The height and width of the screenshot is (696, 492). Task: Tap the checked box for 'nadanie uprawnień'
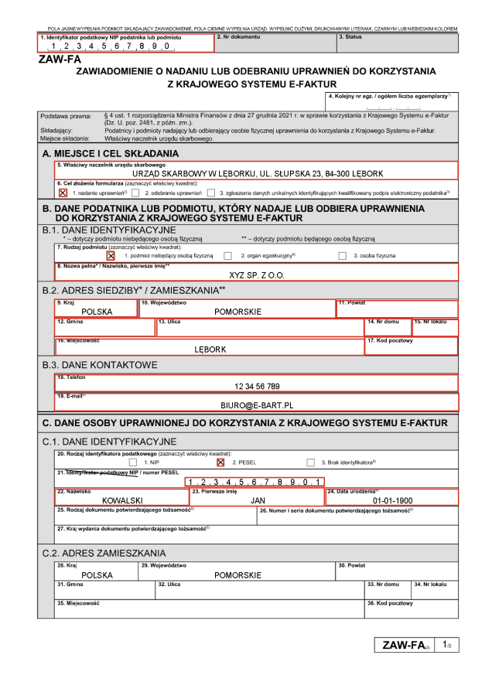(63, 193)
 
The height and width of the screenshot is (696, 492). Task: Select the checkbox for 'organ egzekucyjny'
(227, 255)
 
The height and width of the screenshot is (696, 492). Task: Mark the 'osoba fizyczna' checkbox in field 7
(343, 255)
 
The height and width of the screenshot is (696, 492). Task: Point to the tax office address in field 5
(258, 173)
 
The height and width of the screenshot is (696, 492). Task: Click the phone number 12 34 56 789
(257, 386)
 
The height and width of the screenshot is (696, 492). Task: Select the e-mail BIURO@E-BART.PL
(257, 404)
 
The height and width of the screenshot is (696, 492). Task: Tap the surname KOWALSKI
(125, 500)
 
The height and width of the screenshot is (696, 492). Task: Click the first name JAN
(258, 500)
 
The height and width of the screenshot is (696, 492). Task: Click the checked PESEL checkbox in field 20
(221, 462)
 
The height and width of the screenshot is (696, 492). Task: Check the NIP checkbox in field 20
(133, 462)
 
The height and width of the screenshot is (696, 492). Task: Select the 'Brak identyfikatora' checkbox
(310, 462)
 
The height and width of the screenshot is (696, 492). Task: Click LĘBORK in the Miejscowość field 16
(210, 350)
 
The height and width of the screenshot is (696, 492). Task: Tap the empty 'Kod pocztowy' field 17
(411, 349)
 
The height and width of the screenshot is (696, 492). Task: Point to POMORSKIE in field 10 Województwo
(237, 312)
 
